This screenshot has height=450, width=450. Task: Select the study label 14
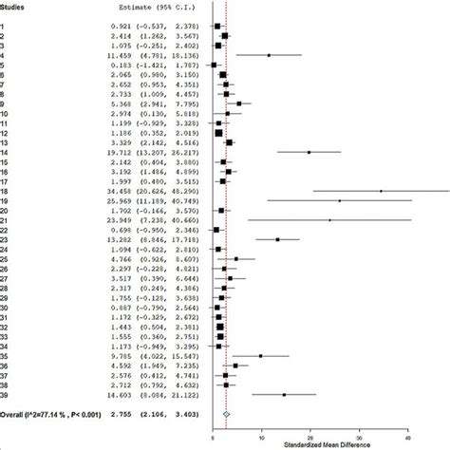[5, 152]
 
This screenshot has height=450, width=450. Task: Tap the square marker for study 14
[309, 152]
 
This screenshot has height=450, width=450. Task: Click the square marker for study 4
[269, 55]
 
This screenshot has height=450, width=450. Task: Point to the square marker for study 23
[277, 239]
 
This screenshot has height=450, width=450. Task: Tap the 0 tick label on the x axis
[213, 436]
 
